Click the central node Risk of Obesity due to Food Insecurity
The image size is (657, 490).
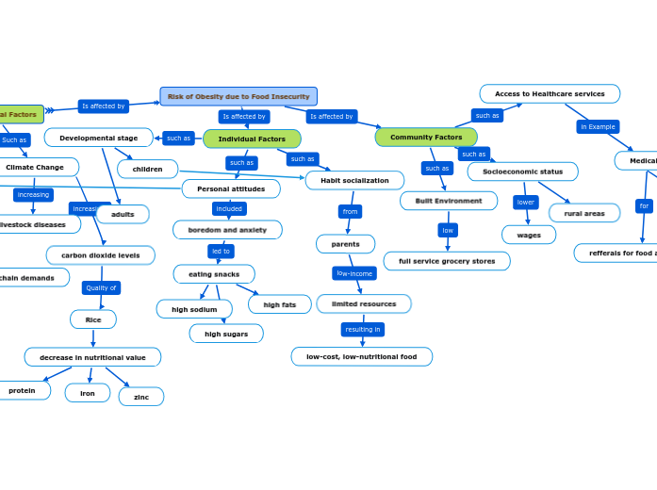point(238,96)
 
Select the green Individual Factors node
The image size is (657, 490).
point(252,139)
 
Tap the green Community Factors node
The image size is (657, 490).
point(426,137)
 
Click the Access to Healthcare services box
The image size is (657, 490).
point(550,93)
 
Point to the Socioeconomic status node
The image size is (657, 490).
point(522,171)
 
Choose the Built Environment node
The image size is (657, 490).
point(448,201)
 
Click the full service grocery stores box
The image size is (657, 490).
point(446,261)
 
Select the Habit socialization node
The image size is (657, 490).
point(354,180)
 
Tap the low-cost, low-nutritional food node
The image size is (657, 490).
point(361,356)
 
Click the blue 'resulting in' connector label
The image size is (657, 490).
point(363,329)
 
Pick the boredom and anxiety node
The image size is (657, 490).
point(227,229)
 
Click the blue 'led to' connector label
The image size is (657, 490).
point(221,251)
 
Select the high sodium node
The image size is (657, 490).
point(194,309)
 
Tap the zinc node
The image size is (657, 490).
point(141,397)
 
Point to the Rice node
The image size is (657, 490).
point(93,319)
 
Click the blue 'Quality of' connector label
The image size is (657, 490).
point(101,287)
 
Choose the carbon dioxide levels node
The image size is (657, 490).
point(100,254)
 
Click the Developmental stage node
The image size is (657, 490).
point(98,138)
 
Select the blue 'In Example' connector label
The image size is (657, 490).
point(598,126)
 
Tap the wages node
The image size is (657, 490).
point(529,235)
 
